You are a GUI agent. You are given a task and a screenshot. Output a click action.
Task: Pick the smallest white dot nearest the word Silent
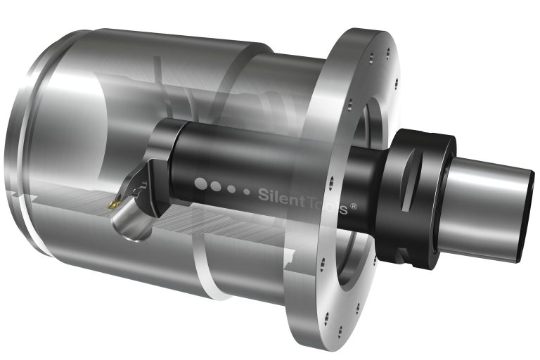[x=246, y=191]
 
